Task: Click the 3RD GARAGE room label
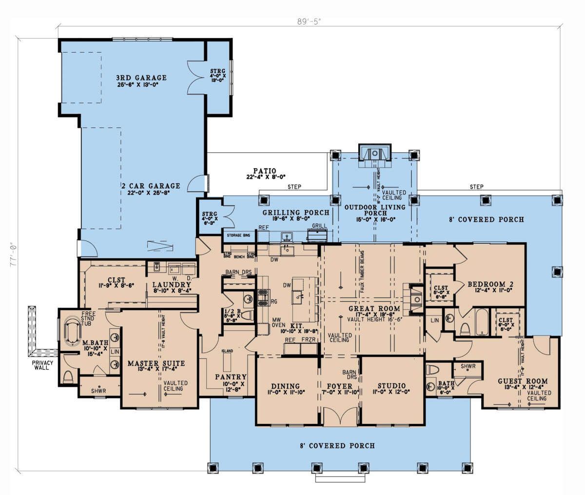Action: pos(141,78)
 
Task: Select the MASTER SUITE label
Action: pos(149,363)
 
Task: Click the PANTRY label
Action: pos(231,377)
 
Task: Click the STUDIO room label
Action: pos(392,386)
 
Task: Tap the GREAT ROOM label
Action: pos(374,309)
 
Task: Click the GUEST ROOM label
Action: pos(522,381)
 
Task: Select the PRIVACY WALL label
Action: pos(43,366)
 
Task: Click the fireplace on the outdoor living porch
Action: pos(374,153)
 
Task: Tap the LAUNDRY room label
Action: pos(171,284)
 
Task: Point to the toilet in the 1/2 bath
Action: pos(245,316)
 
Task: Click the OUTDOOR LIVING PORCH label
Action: pos(374,210)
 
